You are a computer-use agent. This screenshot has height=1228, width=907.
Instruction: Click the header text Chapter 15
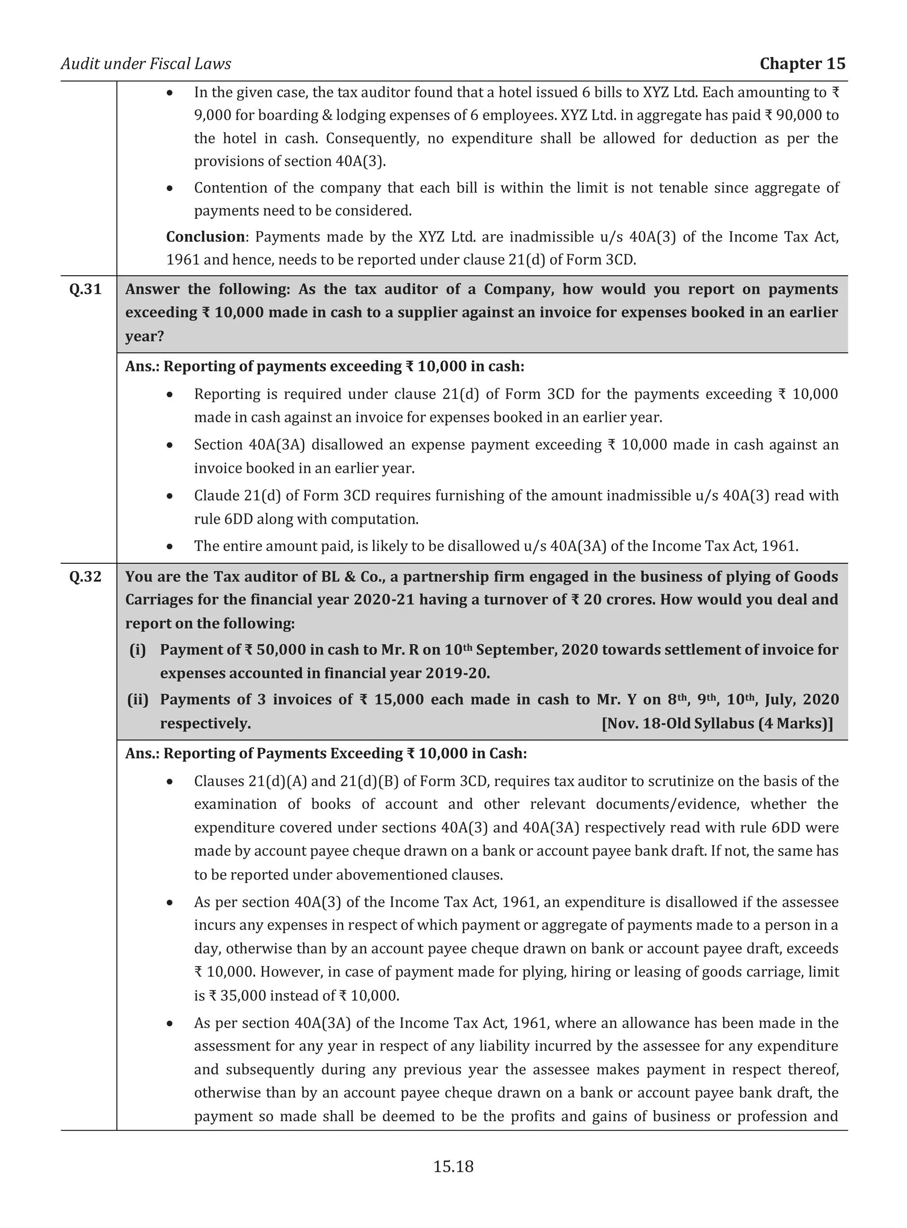802,64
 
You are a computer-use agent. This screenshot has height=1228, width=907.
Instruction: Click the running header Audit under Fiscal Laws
146,64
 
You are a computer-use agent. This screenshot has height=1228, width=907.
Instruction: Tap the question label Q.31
85,289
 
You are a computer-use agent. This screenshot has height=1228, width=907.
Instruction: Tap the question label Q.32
85,577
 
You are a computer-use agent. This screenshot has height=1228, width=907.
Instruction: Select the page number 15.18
453,1166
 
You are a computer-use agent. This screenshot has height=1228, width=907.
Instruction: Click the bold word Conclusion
205,237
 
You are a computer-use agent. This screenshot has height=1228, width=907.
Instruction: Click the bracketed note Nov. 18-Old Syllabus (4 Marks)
717,724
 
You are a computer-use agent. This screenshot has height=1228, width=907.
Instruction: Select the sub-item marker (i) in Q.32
138,650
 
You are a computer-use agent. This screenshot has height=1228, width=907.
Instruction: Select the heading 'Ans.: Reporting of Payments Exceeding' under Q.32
326,753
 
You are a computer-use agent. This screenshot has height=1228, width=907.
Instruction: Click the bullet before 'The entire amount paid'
171,547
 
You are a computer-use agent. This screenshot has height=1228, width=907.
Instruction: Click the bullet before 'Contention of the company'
171,188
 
